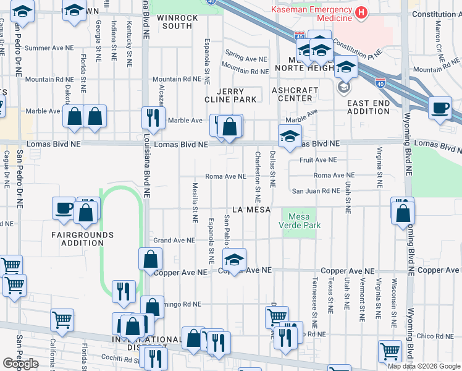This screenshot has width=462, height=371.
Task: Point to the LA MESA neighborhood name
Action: (x=251, y=210)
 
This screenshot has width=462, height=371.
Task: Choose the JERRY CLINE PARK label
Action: (x=230, y=95)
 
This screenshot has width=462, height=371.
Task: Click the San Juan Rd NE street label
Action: (x=316, y=191)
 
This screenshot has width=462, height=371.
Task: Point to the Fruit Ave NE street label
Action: (x=318, y=160)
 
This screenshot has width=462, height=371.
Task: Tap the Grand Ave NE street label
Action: (x=174, y=240)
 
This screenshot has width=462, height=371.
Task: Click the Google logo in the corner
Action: (x=20, y=364)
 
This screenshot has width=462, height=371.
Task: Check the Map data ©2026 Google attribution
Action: (x=424, y=366)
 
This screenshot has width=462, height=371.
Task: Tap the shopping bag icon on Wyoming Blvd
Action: (x=403, y=213)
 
